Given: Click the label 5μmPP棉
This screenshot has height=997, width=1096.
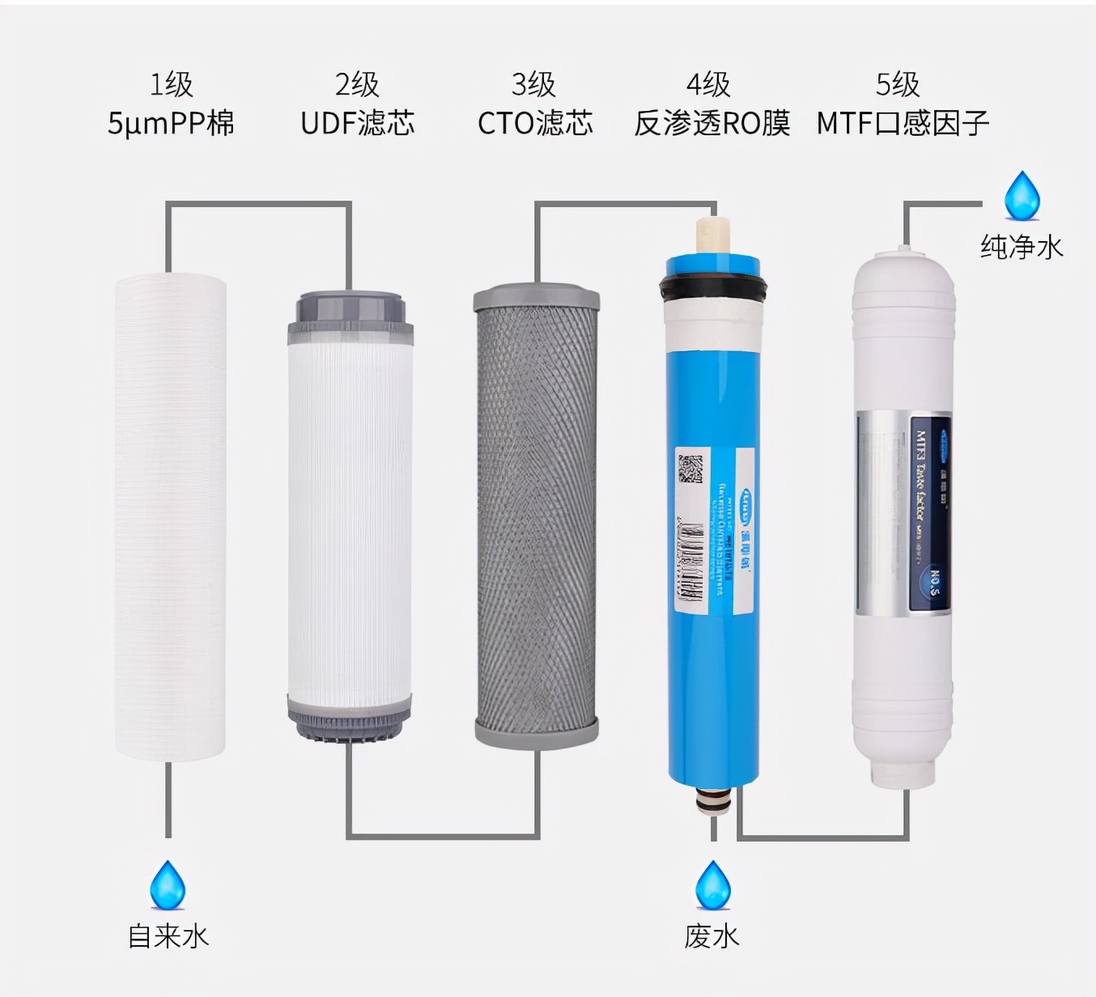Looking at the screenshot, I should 171,123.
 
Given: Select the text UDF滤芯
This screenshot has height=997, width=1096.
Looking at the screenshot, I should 357,123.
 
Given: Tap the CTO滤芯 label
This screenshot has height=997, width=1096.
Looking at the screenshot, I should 535,123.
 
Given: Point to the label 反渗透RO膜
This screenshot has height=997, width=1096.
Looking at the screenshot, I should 712,123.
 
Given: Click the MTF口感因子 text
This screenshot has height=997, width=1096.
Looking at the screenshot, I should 903,123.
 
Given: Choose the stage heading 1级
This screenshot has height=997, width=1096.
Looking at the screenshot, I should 171,84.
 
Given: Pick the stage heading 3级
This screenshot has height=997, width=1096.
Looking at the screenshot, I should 533,84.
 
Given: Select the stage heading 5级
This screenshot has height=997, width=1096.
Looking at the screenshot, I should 898,84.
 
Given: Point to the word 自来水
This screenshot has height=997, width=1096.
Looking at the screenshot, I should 168,936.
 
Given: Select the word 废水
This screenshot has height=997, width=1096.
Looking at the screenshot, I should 712,936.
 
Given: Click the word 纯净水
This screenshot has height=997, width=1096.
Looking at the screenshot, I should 1022,247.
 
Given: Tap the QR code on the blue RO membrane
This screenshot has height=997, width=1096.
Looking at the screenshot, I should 690,469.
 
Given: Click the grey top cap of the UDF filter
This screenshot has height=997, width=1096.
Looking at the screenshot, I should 350,311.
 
